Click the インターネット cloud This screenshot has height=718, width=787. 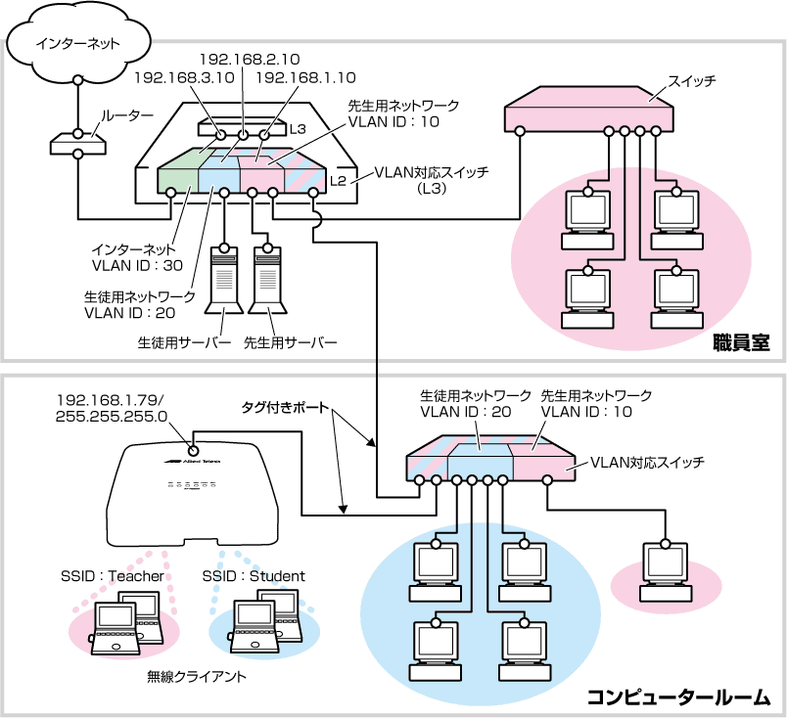point(76,43)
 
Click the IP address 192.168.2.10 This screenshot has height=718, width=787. point(250,60)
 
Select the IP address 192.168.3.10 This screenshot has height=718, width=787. point(184,78)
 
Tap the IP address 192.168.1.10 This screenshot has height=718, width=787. point(305,78)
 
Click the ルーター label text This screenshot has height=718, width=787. point(127,115)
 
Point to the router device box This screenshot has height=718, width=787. point(77,144)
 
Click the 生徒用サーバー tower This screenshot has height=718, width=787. point(224,280)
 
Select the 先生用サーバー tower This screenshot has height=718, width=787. point(267,280)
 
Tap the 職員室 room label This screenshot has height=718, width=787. point(741,343)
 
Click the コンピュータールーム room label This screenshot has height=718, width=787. point(678,697)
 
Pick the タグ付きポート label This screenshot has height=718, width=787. point(285,407)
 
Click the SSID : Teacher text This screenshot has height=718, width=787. point(113,575)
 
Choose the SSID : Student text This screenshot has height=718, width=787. point(254,575)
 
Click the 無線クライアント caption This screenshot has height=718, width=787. point(197,677)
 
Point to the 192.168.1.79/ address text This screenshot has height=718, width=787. point(110,400)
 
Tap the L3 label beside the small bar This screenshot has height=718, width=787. point(298,129)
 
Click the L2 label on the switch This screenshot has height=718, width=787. point(338,181)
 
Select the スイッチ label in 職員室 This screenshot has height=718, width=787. point(691,81)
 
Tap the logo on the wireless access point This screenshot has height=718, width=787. point(191,461)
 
